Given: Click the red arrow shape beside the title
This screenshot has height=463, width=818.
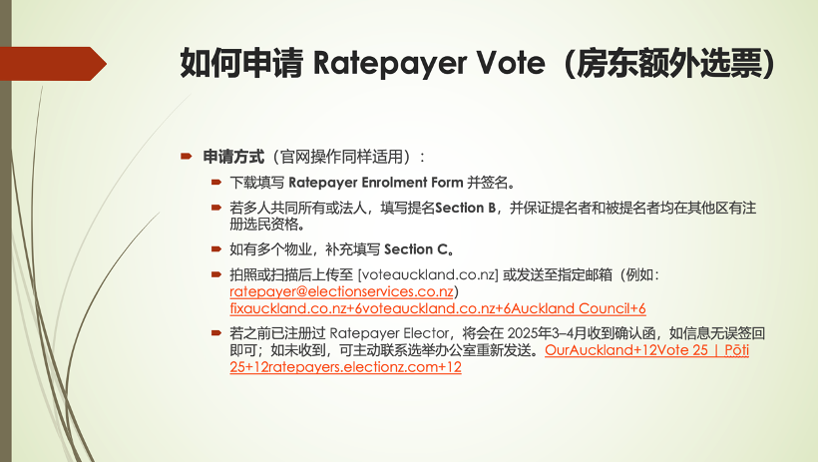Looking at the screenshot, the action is coord(52,64).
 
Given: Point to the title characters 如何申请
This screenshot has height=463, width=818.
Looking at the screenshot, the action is coord(241,64).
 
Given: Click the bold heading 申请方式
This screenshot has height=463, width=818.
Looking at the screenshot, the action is coord(233,157).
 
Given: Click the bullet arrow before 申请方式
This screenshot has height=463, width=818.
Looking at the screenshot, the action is coord(187,156).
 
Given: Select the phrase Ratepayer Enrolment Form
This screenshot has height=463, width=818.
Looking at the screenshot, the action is coord(376,183).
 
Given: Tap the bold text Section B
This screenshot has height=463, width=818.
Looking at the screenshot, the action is coord(465,209).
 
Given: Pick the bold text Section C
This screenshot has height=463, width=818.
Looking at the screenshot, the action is coord(416,249).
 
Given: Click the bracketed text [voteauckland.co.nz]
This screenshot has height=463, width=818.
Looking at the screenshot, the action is coord(428,275).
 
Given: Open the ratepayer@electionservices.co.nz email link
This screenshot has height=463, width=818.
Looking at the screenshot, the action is coord(341,291).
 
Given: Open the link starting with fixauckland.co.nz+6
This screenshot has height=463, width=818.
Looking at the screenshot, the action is coord(438,308).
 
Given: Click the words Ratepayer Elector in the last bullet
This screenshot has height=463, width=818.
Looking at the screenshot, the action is coord(389,333).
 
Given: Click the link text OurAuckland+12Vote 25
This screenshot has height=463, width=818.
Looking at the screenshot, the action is coord(626,349).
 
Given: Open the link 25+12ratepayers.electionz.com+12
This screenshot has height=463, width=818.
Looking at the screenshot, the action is coord(345,367).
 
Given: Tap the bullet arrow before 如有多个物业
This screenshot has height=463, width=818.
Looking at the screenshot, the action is coord(216,248).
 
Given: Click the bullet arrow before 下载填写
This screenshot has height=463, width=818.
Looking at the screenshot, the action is coord(216,182).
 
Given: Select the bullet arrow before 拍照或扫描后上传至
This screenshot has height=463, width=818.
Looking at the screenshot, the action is coord(216,274).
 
